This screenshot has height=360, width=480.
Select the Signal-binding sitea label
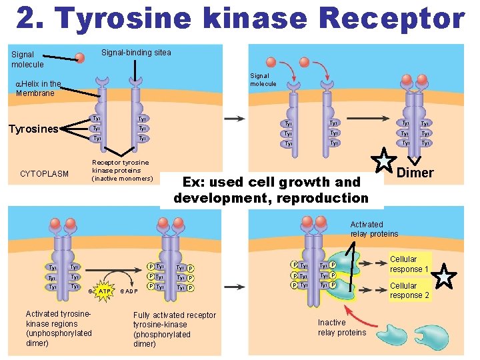click(x=135, y=53)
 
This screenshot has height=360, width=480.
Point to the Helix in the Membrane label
click(x=38, y=89)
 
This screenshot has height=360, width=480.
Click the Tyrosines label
click(x=33, y=129)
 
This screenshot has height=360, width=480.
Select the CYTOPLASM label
click(x=44, y=174)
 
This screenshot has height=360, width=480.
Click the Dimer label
click(x=415, y=173)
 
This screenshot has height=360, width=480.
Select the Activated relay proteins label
click(x=374, y=229)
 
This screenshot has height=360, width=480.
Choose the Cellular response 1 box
click(x=409, y=264)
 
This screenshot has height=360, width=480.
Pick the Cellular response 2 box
click(x=409, y=290)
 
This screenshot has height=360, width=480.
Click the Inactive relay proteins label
click(x=341, y=327)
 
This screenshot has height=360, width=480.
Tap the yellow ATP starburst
click(x=103, y=291)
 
